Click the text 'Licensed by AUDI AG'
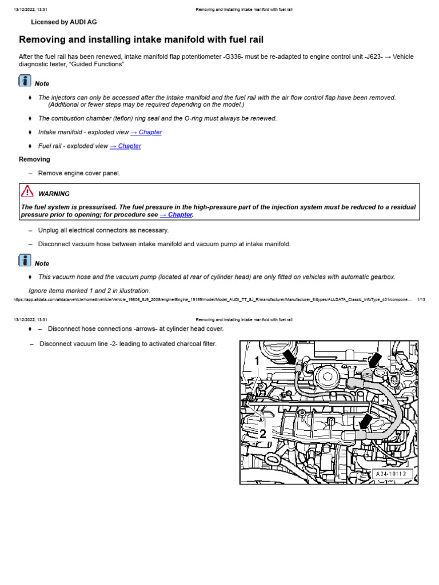point(63,22)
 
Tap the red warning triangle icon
point(27,191)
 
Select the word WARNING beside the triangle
point(54,194)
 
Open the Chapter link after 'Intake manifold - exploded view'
point(146,132)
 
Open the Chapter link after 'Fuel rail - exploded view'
point(125,146)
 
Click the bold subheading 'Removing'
point(34,159)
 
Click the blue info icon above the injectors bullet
point(25,81)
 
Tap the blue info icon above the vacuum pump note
point(25,261)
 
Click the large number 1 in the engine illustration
point(257,361)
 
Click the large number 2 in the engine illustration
point(263,434)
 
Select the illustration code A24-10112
point(393,473)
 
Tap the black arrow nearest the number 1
point(290,356)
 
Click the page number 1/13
point(421,299)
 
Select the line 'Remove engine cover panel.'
point(79,173)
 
